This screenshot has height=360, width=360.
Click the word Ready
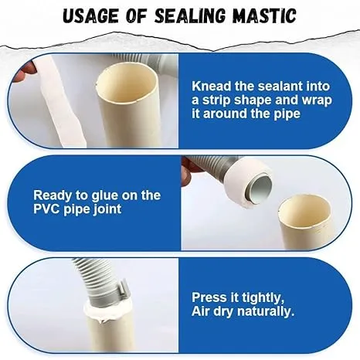pyautogui.click(x=53, y=195)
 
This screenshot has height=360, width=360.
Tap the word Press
pyautogui.click(x=210, y=297)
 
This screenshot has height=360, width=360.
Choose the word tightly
pyautogui.click(x=261, y=297)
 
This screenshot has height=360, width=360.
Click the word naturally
pyautogui.click(x=261, y=311)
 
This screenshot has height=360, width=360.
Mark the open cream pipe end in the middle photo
pyautogui.click(x=304, y=209)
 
